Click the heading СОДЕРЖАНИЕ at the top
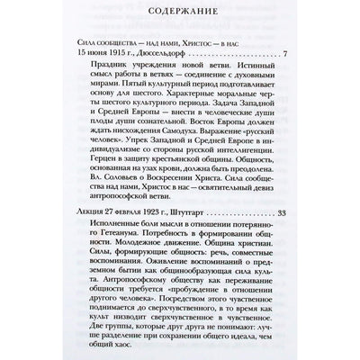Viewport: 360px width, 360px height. coord(180,16)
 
